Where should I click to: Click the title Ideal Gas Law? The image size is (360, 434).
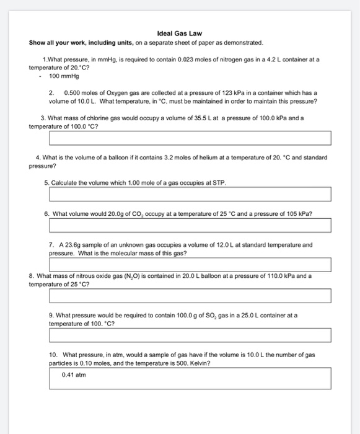(180, 33)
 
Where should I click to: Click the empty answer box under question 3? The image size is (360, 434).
(190, 138)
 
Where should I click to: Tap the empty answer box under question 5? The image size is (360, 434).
(190, 195)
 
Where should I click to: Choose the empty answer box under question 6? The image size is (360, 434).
(190, 224)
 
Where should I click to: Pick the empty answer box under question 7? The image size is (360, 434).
(190, 265)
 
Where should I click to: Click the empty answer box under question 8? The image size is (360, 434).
(190, 295)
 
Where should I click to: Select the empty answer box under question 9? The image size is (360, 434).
(190, 335)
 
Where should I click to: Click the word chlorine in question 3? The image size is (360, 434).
(100, 117)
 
